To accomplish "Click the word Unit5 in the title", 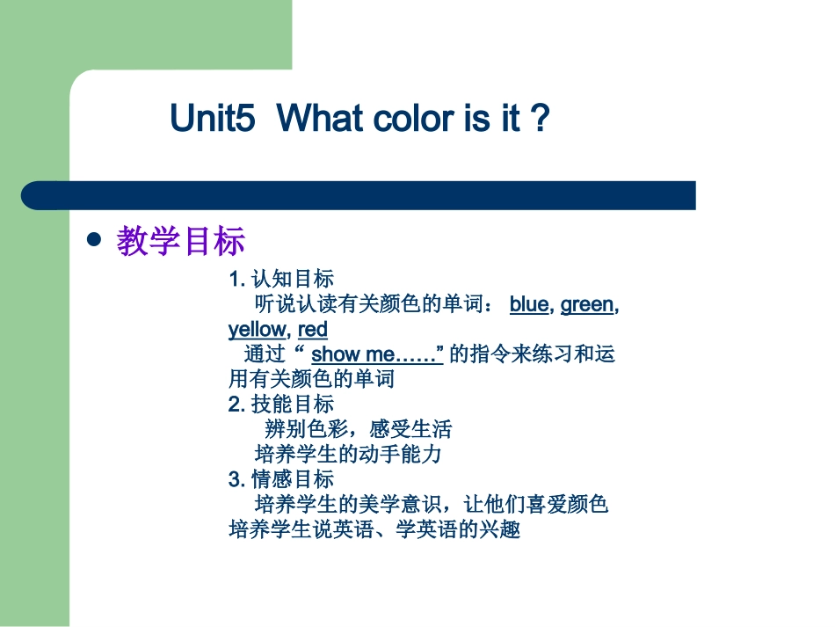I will (x=213, y=119).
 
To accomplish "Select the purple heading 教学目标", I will (x=181, y=241).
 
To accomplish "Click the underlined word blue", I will (x=528, y=304).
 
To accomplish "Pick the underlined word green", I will (x=587, y=304).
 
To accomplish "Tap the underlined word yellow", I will (x=257, y=330).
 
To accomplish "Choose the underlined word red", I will (x=313, y=330).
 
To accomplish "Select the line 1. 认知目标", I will (x=281, y=280).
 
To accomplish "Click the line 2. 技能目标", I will (x=281, y=405).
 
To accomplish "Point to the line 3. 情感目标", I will (x=281, y=479).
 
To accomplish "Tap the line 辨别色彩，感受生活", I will (x=358, y=429).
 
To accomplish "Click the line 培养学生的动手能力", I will (x=348, y=455).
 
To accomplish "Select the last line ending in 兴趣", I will (x=374, y=530).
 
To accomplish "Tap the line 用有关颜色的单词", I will (x=311, y=379).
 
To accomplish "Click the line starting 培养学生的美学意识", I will (x=432, y=505).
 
